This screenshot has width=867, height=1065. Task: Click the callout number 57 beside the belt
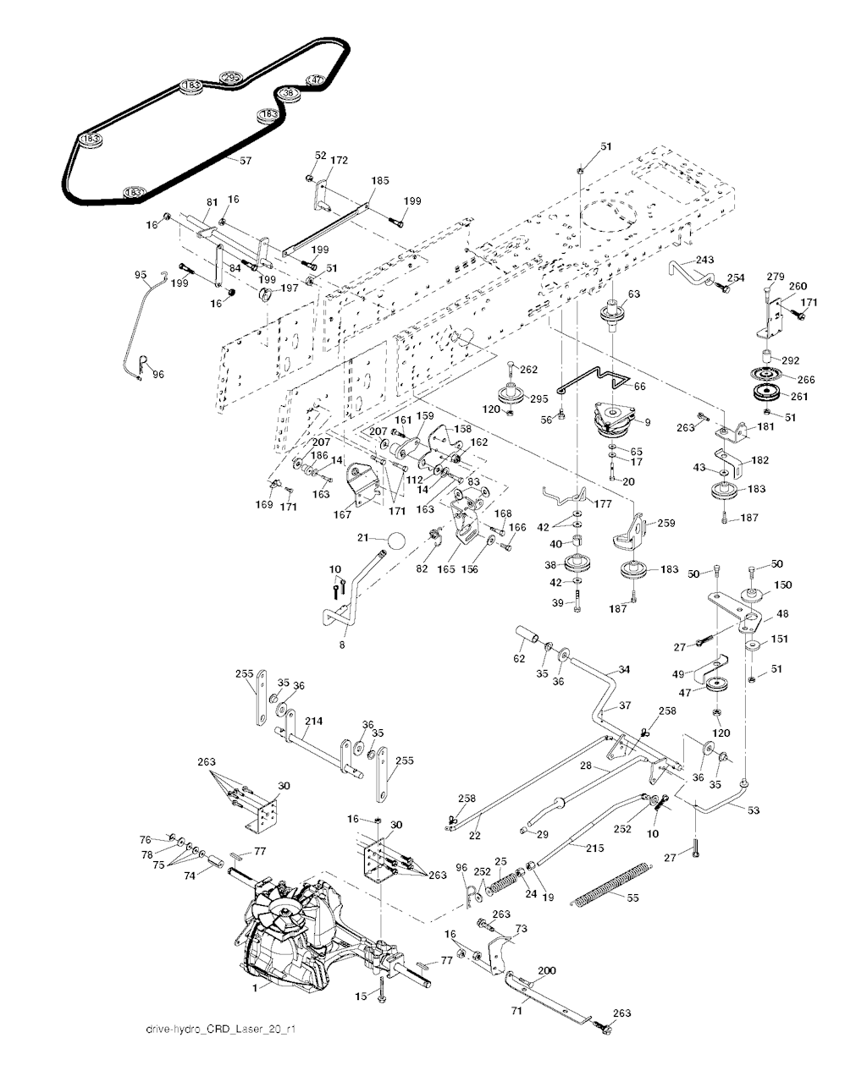coord(246,160)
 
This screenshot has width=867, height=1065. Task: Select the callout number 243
coord(704,260)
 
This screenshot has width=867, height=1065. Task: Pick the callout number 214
coord(313,722)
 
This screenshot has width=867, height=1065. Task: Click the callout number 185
coord(380,180)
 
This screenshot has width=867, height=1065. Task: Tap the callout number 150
coord(783,585)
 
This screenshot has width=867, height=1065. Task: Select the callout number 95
coord(141,275)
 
